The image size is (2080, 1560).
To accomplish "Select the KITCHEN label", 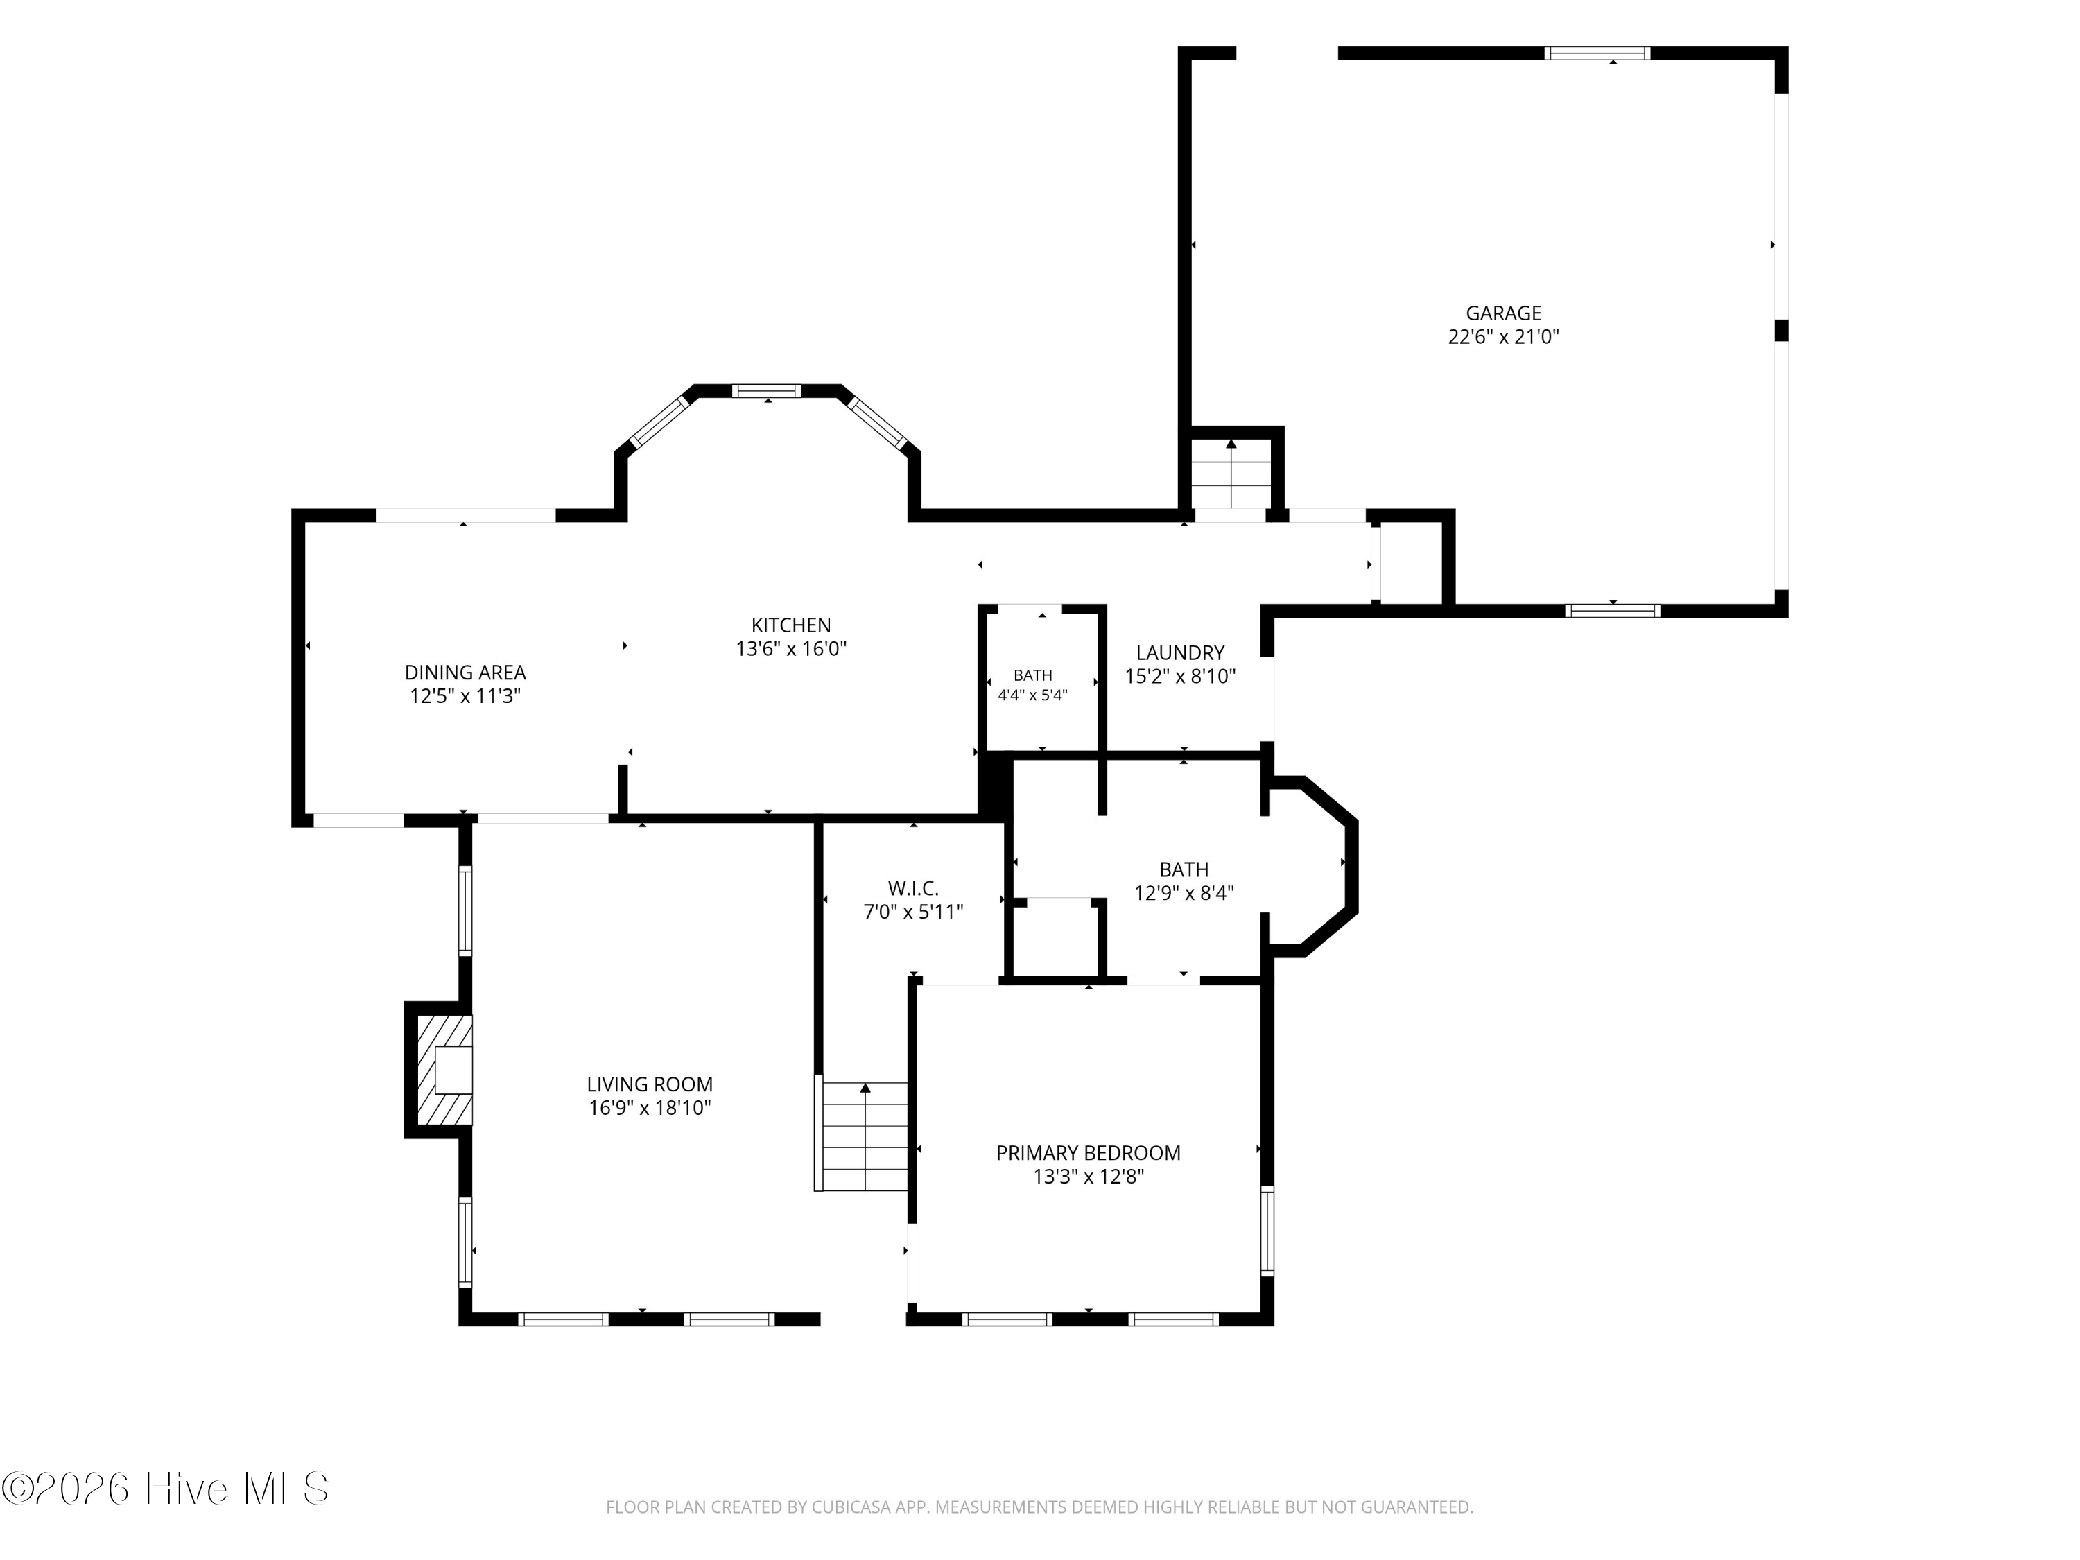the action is coord(791,625).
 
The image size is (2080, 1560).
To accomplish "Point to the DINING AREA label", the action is coord(465,673).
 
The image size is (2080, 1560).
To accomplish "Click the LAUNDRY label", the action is coord(1180,652).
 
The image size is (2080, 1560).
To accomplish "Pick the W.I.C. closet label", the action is coord(913,887).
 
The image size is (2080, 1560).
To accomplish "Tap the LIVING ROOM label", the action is coord(650,1084).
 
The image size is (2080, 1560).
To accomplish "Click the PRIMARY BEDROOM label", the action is coord(1088,1153).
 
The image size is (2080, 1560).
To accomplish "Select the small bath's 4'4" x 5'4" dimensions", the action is coord(1032,696).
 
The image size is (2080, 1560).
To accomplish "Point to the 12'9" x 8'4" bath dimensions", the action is coord(1184,893).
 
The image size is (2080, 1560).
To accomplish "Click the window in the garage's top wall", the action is coord(1599,53).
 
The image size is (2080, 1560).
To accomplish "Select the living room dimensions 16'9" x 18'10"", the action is coord(650,1108).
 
